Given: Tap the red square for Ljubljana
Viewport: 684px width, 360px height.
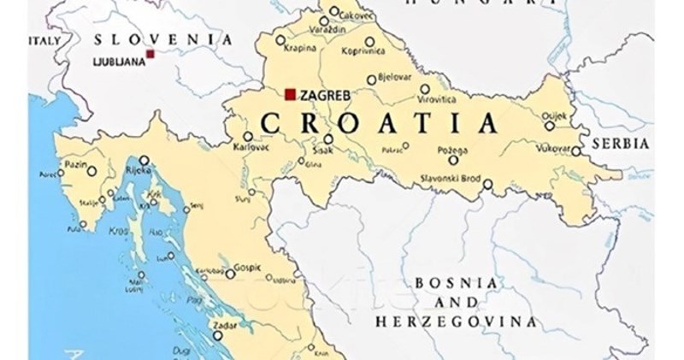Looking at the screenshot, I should click(150, 54).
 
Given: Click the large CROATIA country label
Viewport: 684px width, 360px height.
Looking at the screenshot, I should click(377, 124).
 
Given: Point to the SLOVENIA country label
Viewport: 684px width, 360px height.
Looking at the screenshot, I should click(163, 39).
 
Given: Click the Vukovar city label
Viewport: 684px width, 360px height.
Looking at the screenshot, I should click(554, 148).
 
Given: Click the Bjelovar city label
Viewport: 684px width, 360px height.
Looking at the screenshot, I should click(395, 79).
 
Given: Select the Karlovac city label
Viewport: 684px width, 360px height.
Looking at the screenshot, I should click(251, 147).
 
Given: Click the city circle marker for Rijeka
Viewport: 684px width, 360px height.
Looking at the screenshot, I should click(144, 160).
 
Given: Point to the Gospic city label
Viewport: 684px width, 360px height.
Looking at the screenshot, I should click(248, 266).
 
